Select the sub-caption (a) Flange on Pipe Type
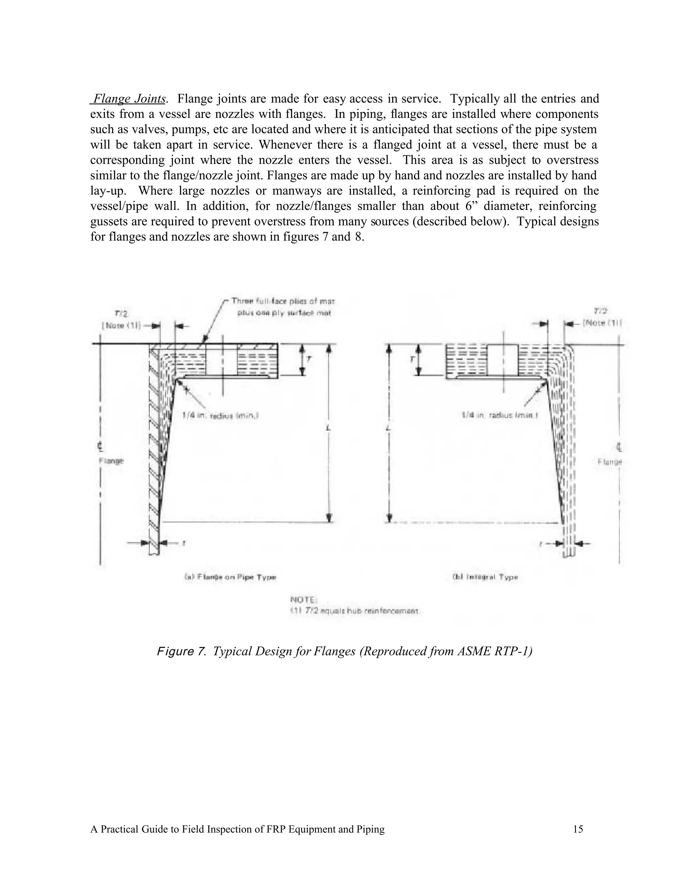point(230,577)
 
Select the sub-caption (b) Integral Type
point(485,577)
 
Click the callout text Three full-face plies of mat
point(283,301)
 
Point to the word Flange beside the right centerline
point(610,462)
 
